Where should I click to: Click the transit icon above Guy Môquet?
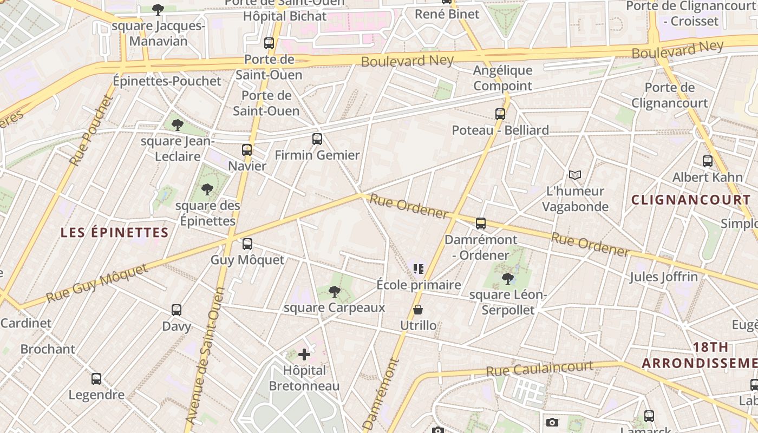(x=247, y=244)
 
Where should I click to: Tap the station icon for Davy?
(x=177, y=310)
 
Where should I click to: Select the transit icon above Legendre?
(x=96, y=379)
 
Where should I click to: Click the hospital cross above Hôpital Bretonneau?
(x=304, y=355)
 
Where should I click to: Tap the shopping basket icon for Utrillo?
(x=418, y=310)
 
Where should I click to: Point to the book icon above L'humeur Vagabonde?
(x=574, y=175)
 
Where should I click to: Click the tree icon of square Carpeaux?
(x=335, y=292)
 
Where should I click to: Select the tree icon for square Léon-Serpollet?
(x=508, y=279)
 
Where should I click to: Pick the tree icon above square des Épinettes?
(x=207, y=189)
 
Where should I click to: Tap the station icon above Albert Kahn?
(x=708, y=161)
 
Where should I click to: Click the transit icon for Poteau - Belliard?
(x=500, y=114)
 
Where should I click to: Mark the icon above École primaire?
(x=418, y=269)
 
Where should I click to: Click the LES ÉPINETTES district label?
(x=115, y=233)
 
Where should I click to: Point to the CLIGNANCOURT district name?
(x=691, y=200)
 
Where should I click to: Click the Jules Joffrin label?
(x=663, y=277)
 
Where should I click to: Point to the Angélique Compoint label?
(x=502, y=78)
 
